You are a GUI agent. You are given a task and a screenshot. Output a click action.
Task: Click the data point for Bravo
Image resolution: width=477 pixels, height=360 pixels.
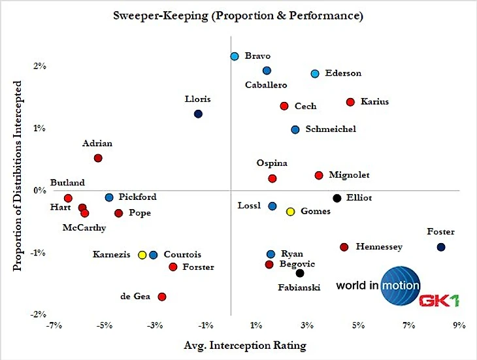coord(235,56)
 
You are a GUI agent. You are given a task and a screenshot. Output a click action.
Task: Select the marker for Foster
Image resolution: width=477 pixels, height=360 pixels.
coord(441,247)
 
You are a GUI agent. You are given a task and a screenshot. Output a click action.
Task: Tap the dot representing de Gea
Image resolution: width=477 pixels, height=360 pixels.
coord(162,297)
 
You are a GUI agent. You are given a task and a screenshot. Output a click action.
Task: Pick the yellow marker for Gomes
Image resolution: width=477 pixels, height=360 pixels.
coord(291,212)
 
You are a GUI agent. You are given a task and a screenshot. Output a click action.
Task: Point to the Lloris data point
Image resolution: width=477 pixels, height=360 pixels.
coord(199,114)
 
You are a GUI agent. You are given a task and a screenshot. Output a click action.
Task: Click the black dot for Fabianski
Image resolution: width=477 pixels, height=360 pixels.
coord(300,273)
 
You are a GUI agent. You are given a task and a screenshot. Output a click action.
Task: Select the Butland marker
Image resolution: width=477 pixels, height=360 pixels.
coord(68,198)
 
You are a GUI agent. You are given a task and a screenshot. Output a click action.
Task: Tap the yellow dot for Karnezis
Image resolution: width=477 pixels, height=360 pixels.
coord(142,255)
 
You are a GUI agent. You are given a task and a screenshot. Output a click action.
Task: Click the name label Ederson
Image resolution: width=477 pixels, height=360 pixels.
coord(343,73)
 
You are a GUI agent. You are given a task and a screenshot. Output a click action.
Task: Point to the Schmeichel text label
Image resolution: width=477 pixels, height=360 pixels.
coord(331,129)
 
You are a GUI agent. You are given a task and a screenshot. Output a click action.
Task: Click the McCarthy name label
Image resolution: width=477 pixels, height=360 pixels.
coord(82,227)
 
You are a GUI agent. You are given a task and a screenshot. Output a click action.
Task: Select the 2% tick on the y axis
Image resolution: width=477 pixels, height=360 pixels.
coord(39,66)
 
